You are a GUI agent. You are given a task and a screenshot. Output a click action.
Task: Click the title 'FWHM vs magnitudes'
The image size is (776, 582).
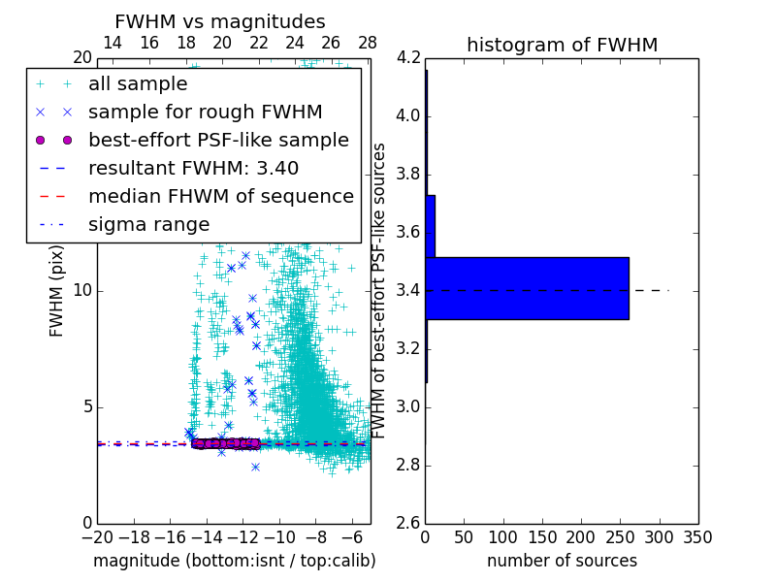pos(220,21)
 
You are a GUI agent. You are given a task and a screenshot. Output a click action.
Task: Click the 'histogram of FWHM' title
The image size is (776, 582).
pos(562,45)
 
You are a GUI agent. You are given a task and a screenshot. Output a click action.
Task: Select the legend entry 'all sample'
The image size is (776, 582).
pos(138,83)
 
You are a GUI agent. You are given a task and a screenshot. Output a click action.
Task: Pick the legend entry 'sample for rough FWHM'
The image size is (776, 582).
pos(205,112)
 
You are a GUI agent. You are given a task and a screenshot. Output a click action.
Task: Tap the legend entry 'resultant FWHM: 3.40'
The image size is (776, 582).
pos(193,168)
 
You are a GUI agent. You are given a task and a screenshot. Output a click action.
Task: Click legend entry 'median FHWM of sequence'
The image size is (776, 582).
pos(220,196)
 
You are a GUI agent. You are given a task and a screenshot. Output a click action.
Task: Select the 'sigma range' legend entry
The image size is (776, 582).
pos(148,224)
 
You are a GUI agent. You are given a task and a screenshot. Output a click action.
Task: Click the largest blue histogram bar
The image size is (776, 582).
pos(527,288)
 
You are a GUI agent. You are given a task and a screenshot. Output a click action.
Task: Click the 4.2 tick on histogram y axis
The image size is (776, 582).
pos(407,57)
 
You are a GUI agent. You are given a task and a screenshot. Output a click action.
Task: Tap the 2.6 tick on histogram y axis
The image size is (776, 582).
pos(407,523)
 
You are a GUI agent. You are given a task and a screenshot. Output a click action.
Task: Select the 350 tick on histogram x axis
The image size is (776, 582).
pos(697,537)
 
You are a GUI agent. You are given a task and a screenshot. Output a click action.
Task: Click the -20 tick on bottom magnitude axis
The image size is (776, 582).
pos(97,537)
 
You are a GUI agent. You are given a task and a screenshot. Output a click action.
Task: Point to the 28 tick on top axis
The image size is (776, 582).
pos(368,43)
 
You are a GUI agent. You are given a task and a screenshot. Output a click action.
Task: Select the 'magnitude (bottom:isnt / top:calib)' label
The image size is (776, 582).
pos(234,561)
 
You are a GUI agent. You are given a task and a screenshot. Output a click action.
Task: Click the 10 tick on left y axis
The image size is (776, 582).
pos(81,290)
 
